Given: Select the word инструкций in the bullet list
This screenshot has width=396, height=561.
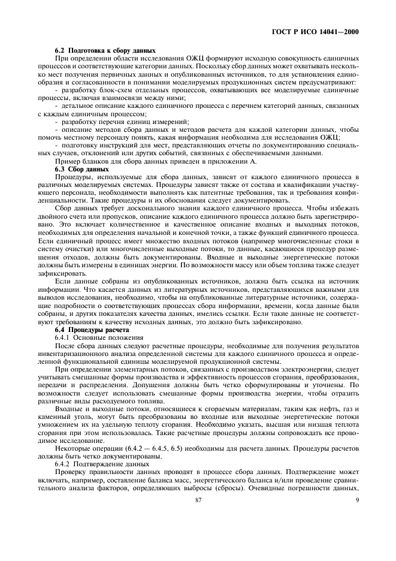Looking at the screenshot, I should point(118,146).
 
